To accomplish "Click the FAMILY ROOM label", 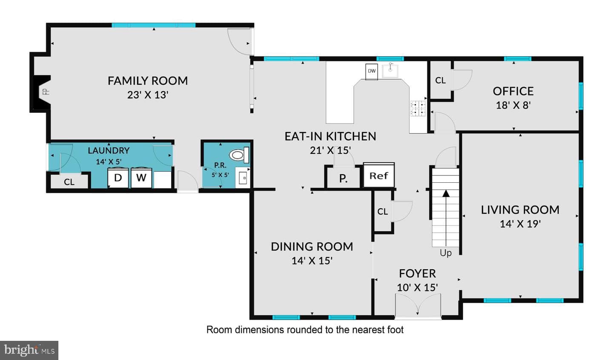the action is (x=148, y=81).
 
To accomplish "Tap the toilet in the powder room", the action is (x=239, y=155).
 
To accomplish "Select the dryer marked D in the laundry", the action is (x=118, y=178).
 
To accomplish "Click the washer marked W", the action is (x=141, y=178).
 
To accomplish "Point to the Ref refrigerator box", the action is (x=379, y=176).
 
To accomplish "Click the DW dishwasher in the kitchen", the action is (x=372, y=72).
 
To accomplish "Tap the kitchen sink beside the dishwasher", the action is (x=390, y=70).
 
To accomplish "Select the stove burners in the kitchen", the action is (x=418, y=109).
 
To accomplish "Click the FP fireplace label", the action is (x=46, y=91).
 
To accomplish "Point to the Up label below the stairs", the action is (x=446, y=253).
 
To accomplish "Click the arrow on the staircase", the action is (x=446, y=218).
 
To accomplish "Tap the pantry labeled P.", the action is (x=343, y=178).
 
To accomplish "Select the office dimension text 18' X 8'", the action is (x=513, y=105).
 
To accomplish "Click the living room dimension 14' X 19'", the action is (x=520, y=224).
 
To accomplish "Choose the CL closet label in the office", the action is (x=440, y=80).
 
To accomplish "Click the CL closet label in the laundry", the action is (x=69, y=182).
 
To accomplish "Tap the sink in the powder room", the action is (x=243, y=178).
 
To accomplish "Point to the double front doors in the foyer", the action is (x=418, y=305).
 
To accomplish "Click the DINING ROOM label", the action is (x=312, y=247).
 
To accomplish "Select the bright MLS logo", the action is (x=29, y=350).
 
